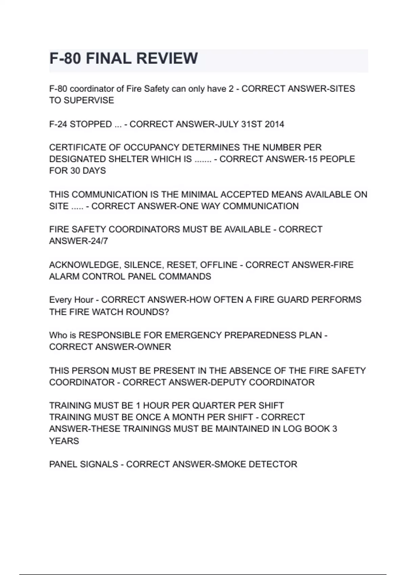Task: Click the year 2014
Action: (274, 124)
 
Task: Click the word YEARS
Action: (64, 441)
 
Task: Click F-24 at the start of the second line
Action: (58, 124)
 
